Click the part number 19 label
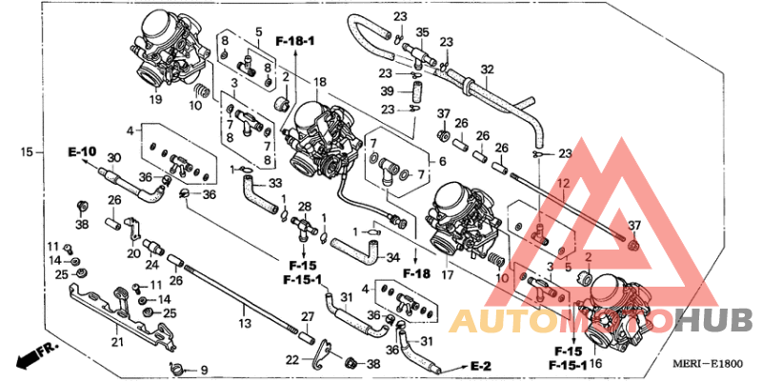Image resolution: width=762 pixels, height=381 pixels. [154, 98]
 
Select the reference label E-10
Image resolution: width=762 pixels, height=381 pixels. [82, 151]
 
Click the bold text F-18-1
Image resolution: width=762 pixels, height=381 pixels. [295, 42]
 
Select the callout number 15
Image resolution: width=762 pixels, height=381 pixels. [27, 151]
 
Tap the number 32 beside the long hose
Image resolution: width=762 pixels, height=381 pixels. [488, 69]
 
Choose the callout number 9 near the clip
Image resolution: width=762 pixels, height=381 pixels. [202, 369]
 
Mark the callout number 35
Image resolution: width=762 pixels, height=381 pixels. [422, 31]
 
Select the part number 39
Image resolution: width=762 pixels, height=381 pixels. [388, 90]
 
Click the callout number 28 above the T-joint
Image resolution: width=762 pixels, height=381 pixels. [306, 207]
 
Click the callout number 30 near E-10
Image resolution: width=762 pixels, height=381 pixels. [113, 158]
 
